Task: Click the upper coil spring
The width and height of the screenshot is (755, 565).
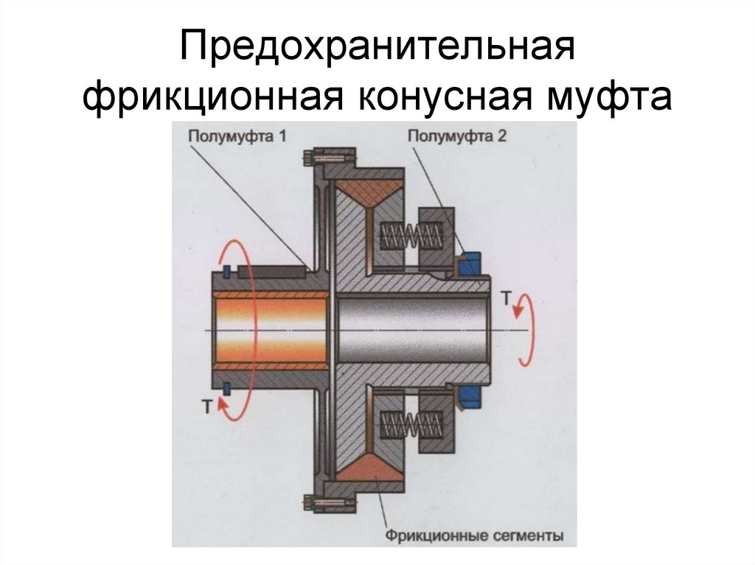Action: [x=411, y=236]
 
